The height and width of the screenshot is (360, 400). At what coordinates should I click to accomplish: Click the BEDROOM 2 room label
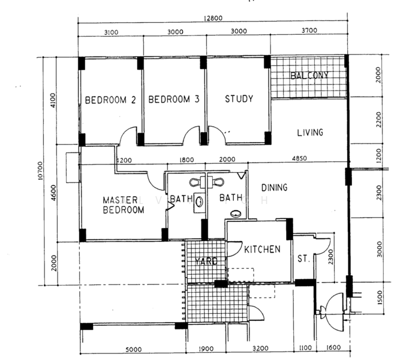(x=109, y=100)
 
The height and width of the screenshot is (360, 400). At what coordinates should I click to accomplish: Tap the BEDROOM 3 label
(x=174, y=100)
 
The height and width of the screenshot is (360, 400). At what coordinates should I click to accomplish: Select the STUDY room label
(x=239, y=99)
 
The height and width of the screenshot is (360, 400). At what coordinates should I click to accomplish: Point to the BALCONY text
(x=309, y=76)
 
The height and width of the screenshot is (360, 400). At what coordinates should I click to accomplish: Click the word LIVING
(x=309, y=133)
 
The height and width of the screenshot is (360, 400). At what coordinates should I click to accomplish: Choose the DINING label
(x=274, y=188)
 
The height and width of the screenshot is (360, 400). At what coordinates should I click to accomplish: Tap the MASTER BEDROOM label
(x=122, y=205)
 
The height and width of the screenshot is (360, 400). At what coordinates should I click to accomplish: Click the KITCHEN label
(x=261, y=249)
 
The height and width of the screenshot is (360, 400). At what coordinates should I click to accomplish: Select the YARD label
(x=206, y=261)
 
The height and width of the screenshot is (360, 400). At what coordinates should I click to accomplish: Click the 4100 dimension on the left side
(x=53, y=100)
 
